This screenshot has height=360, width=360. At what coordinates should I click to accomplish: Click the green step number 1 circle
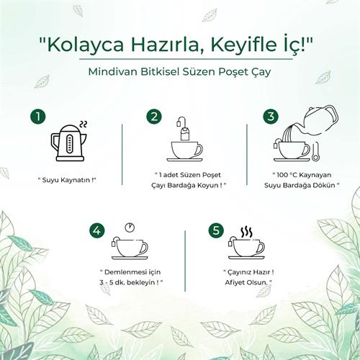(x=38, y=117)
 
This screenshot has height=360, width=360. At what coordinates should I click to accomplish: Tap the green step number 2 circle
(x=154, y=117)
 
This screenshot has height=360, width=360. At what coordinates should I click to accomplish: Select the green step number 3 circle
(x=271, y=117)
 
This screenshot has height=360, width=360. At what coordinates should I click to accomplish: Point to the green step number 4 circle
(x=97, y=230)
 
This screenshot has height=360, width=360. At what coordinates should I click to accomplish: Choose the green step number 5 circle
(x=216, y=230)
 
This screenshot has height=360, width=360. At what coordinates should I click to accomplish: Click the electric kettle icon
(x=69, y=143)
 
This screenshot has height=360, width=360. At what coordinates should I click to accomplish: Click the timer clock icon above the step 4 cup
(x=130, y=227)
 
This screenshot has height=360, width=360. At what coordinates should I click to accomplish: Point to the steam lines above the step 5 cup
(x=246, y=233)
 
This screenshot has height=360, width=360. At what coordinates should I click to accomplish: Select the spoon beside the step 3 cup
(x=315, y=152)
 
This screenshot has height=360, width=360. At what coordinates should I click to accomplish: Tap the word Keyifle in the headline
(x=243, y=45)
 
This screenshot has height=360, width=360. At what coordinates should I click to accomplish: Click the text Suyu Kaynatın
(x=67, y=180)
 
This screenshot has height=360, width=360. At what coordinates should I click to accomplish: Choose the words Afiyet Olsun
(x=246, y=283)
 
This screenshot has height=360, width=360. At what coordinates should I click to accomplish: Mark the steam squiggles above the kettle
(x=83, y=124)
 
